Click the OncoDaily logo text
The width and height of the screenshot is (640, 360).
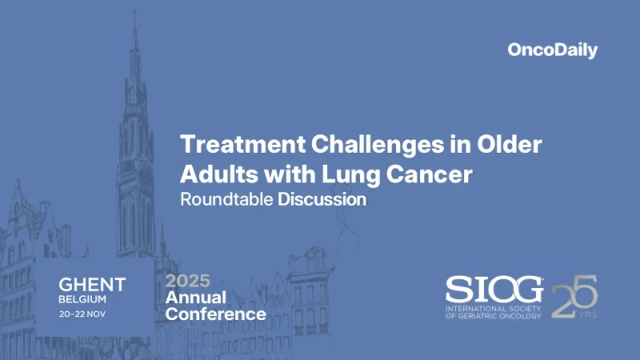click(552, 50)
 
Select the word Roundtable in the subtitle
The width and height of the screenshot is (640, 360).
click(226, 199)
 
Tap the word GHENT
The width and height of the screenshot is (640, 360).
click(92, 284)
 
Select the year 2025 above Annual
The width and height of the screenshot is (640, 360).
click(188, 281)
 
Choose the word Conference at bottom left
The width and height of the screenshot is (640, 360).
click(215, 314)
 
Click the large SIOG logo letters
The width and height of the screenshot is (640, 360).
click(495, 290)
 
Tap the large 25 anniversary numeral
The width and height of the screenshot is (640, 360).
click(574, 294)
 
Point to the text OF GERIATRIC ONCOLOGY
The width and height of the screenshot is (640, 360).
click(494, 315)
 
